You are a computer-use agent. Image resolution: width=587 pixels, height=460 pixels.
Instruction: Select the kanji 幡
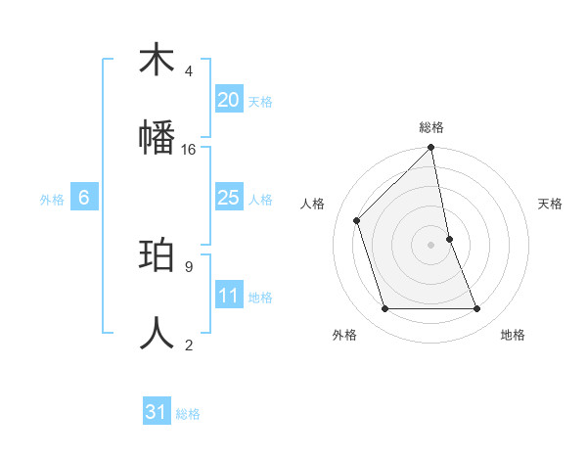157,138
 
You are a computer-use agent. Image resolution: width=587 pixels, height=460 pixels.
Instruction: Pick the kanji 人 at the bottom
157,334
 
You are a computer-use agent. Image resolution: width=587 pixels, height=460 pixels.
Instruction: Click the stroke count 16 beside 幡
189,149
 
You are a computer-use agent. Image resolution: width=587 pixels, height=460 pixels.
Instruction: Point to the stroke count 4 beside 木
189,70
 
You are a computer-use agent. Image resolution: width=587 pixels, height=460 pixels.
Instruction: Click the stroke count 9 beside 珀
189,266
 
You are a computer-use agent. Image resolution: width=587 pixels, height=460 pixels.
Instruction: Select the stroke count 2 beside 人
189,345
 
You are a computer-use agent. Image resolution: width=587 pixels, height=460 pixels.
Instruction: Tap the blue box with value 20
228,99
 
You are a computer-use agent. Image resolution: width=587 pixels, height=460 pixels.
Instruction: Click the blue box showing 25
228,198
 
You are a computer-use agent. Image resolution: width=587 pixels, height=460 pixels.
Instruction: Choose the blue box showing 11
228,296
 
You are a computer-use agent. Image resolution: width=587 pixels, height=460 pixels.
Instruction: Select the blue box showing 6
84,198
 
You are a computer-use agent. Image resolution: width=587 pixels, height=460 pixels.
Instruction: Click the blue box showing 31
157,412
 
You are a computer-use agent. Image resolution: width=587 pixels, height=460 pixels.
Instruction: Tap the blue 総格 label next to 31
189,414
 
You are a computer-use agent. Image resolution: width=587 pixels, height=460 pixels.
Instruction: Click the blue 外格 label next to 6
52,200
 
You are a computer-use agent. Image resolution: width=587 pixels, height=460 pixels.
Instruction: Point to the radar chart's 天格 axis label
551,204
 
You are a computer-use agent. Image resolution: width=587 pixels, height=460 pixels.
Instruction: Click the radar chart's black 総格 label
431,127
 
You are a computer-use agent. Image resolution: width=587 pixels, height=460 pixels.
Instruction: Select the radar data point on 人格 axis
357,220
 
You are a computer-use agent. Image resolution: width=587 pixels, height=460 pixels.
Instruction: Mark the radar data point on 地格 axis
477,309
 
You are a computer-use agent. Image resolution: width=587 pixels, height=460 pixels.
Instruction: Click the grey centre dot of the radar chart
431,245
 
